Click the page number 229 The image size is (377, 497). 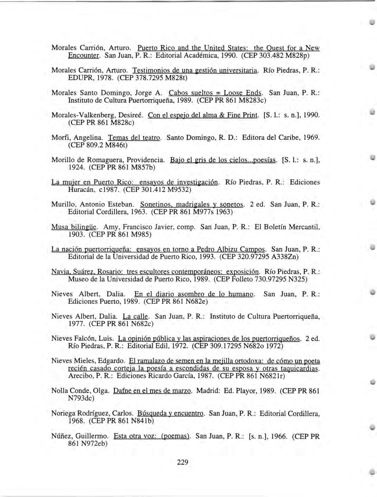(183, 462)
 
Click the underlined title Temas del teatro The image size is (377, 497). (134, 138)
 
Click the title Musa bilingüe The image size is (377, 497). (74, 227)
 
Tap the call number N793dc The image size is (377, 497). (81, 398)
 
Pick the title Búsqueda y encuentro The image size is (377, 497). (171, 413)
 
